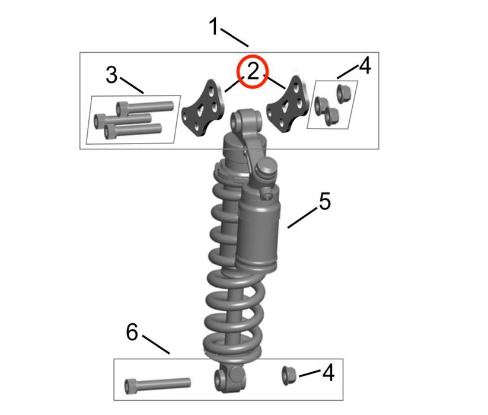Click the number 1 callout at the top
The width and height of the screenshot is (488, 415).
tap(214, 27)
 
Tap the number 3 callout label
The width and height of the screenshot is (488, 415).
tap(111, 75)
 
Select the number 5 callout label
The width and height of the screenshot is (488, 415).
tap(324, 201)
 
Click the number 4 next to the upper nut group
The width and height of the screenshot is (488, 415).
tap(365, 66)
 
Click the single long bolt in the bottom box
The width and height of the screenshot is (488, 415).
tap(157, 385)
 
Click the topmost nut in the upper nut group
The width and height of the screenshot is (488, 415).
tap(342, 92)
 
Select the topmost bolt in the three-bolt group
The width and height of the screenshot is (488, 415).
tap(145, 107)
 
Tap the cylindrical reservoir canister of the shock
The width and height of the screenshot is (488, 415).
tap(259, 234)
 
